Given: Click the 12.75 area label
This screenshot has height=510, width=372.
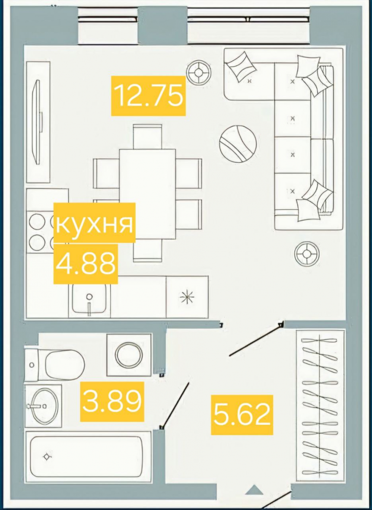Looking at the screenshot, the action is click(148, 95).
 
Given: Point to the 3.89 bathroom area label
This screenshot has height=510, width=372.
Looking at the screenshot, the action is click(112, 401).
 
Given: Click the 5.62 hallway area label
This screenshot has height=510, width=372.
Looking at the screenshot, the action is click(241, 414).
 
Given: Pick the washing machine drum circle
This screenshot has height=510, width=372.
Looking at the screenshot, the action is click(129, 356).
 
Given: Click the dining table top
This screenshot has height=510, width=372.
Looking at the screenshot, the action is click(147, 194).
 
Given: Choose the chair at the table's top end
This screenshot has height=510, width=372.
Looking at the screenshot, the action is click(147, 136).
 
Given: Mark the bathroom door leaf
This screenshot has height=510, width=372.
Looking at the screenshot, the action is click(175, 405).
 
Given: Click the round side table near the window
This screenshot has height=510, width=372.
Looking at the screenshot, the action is click(199, 72).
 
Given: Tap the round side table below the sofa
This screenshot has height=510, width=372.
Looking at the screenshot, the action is click(306, 253).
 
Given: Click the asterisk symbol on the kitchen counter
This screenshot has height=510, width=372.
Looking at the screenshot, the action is click(187, 297).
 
